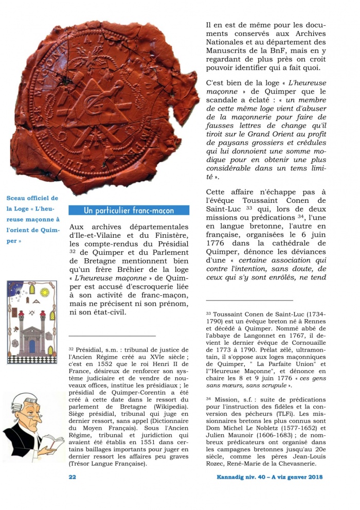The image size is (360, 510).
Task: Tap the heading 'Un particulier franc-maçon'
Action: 129,210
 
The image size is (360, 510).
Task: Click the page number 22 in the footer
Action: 73,477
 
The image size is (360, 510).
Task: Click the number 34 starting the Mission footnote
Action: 209,398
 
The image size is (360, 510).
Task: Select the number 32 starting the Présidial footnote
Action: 72,348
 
